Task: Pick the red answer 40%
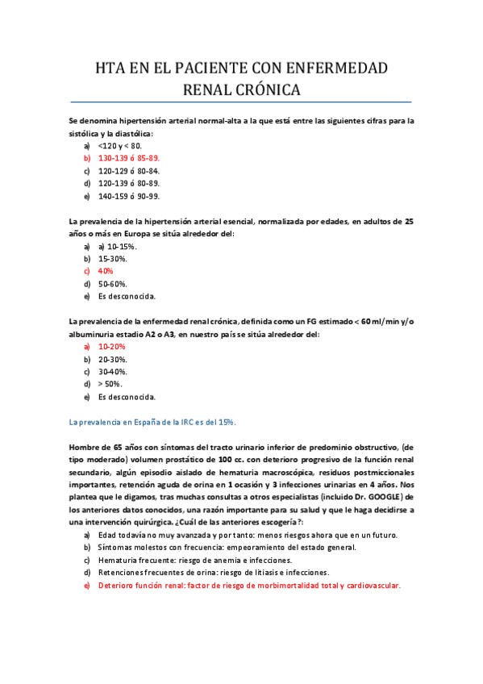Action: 106,271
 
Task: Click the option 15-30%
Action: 112,259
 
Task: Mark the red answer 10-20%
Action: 112,346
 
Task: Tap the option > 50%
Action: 110,384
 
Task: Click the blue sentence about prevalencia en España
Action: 152,422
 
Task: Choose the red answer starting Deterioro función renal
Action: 249,585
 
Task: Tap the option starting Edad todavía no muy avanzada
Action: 248,535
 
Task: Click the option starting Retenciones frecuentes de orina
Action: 214,572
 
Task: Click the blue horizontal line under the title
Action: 241,102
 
